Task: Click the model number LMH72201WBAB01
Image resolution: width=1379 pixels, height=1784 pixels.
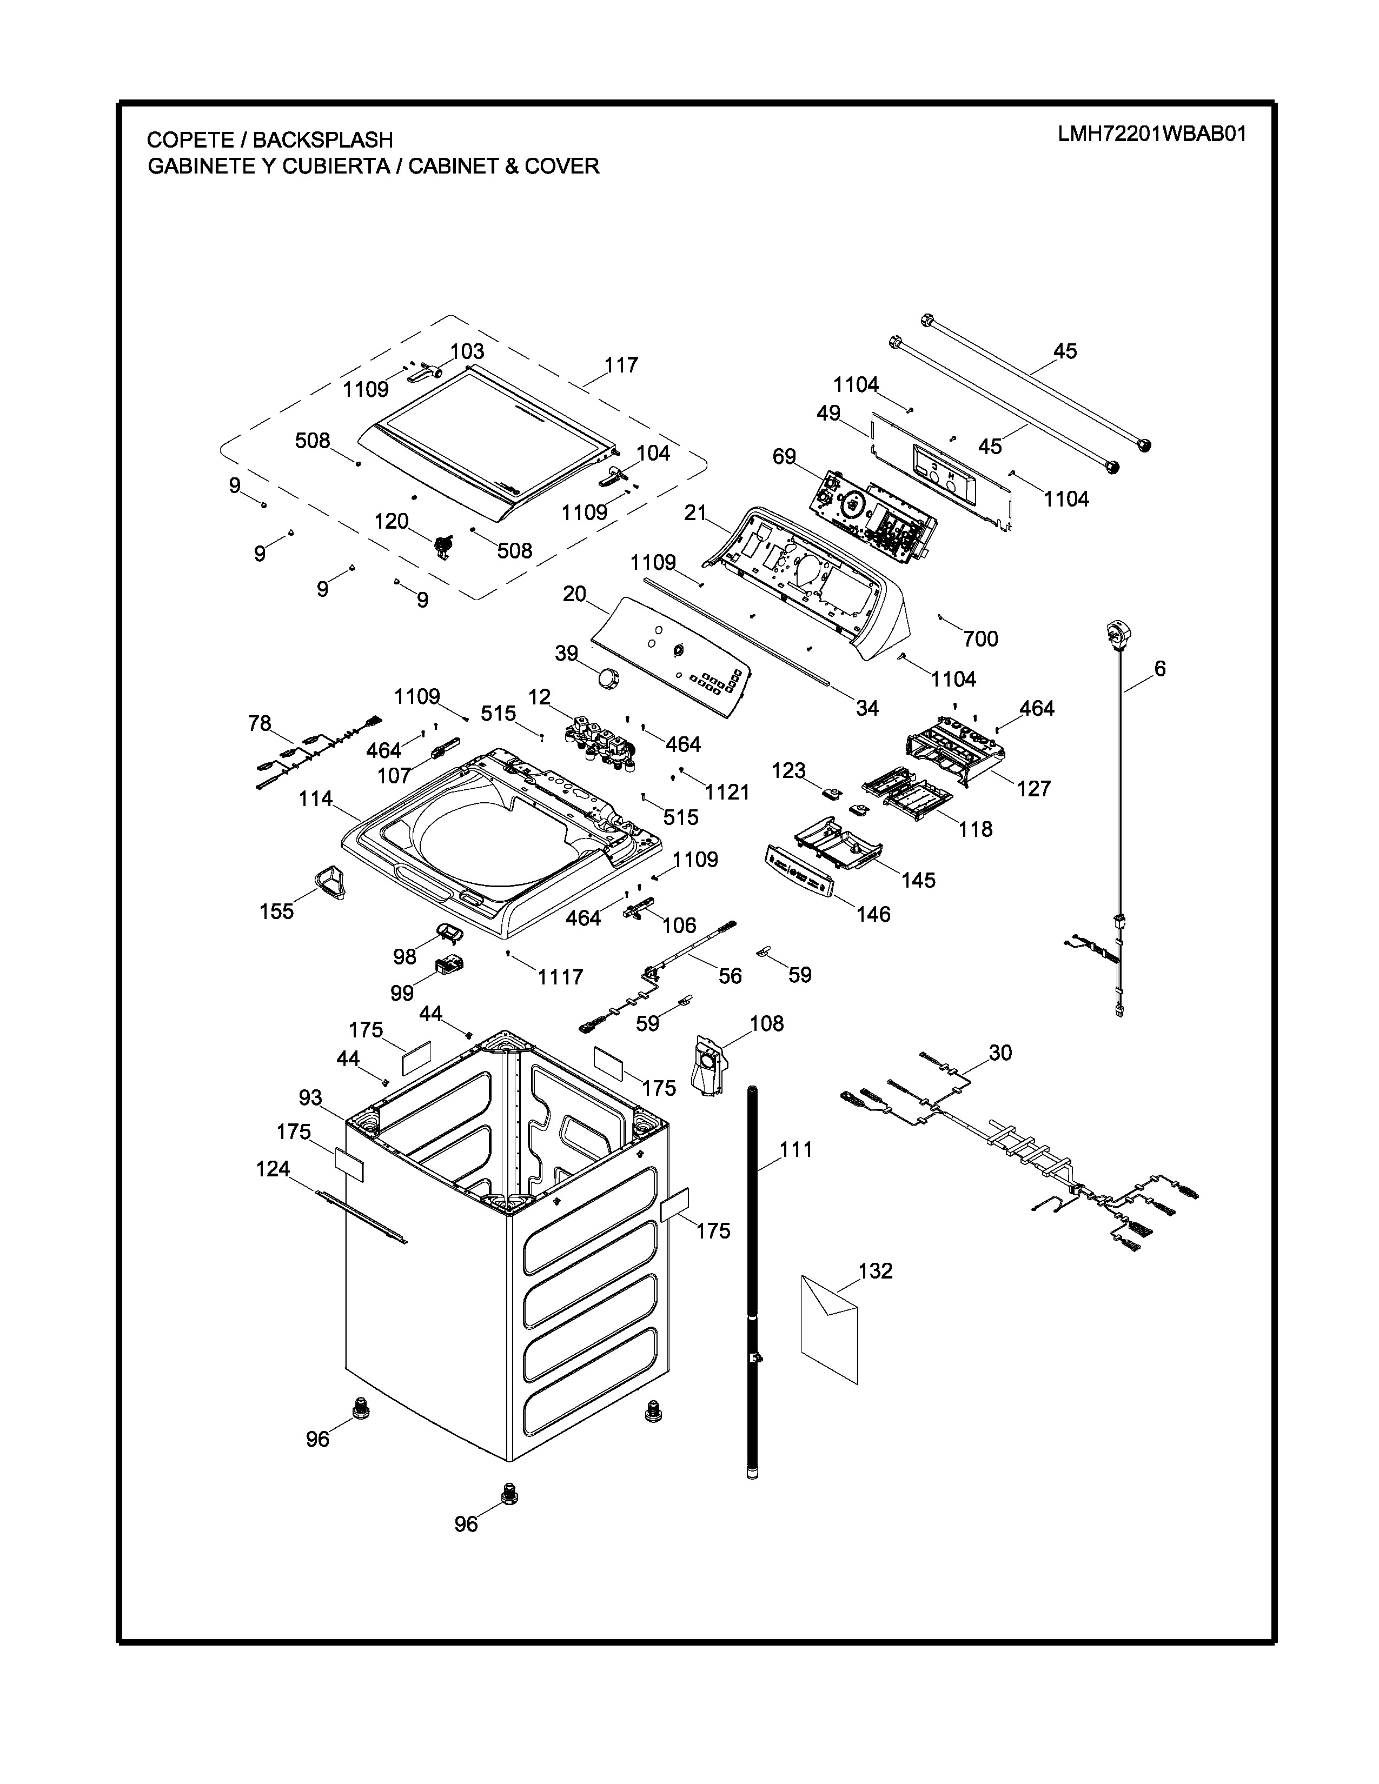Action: pos(1152,134)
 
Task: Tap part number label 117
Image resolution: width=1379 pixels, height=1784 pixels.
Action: pos(621,365)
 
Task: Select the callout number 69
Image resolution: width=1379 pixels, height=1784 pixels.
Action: pos(784,457)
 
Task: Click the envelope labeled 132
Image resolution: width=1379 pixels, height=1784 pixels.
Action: pos(829,1327)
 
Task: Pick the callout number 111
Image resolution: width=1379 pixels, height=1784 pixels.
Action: pos(795,1149)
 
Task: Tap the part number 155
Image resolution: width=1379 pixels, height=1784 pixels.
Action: pos(276,911)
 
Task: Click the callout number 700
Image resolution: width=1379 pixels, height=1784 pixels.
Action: pos(980,639)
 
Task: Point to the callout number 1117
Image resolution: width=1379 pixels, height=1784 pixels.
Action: pos(560,976)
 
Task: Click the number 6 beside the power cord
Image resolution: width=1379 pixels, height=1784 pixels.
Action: pos(1160,669)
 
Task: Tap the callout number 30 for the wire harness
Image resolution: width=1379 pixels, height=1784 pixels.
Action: pos(1000,1053)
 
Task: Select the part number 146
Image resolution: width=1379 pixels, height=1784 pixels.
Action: pos(873,914)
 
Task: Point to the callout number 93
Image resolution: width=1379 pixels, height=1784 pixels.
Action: pos(310,1098)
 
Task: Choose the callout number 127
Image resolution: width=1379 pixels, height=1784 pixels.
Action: pos(1033,788)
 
